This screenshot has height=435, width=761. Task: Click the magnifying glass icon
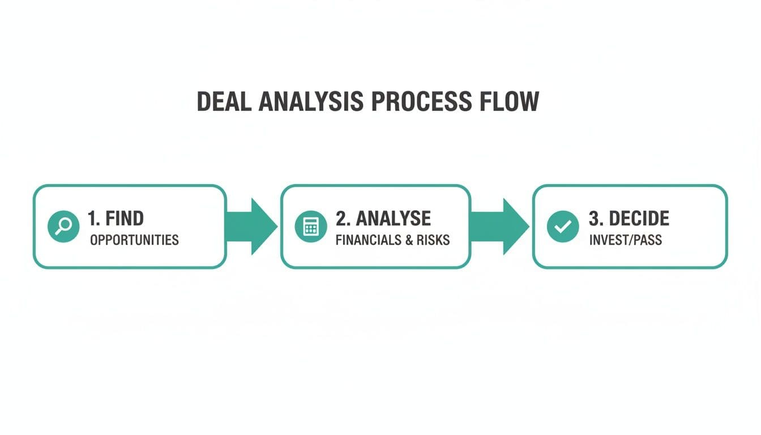tap(63, 227)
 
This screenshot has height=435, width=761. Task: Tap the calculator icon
tap(311, 227)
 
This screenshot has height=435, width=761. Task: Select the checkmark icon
tap(562, 227)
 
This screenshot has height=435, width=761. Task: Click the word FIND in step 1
tap(124, 218)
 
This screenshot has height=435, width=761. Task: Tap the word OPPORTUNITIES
tap(134, 240)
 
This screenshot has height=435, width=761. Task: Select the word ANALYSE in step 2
tap(393, 218)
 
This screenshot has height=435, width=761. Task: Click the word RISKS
tap(433, 240)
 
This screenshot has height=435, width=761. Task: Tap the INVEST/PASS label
tap(625, 240)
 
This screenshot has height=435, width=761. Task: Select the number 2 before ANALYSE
tap(341, 218)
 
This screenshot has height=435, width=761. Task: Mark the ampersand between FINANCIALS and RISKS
tap(410, 240)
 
